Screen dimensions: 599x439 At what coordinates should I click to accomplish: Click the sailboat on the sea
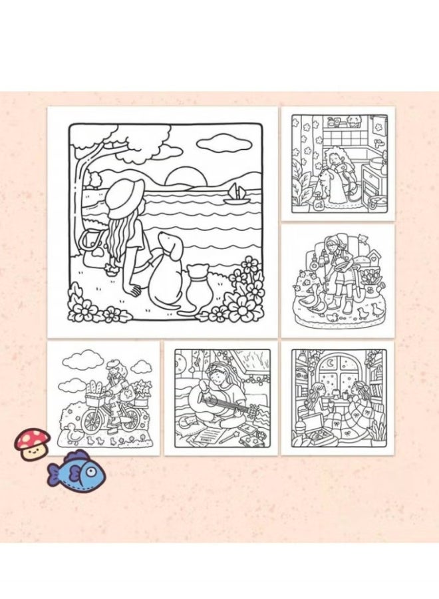[234, 194]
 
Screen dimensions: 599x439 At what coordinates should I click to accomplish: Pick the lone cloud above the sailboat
[219, 142]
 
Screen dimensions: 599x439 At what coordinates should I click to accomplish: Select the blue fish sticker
[76, 469]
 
